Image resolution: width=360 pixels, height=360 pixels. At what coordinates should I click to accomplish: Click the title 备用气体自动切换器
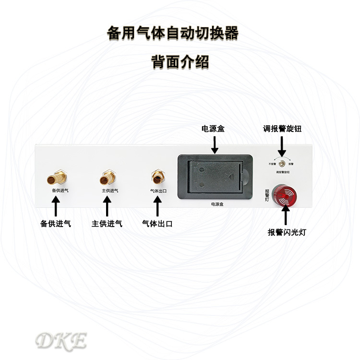tap(173, 34)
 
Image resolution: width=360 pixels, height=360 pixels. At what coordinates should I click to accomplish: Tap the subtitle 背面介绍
tap(180, 62)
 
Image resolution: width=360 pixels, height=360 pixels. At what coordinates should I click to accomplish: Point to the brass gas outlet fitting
tap(157, 177)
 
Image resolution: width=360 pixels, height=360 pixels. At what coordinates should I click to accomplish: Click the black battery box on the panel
tap(215, 176)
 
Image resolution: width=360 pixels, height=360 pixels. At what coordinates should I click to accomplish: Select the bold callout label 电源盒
tap(213, 129)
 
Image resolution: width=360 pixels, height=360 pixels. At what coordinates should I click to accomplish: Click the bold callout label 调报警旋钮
tap(282, 129)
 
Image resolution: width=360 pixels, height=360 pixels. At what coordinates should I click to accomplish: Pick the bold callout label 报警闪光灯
tap(287, 232)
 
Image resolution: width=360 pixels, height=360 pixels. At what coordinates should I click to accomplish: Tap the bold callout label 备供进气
tap(56, 223)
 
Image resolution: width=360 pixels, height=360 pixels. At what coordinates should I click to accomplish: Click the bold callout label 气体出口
tap(157, 223)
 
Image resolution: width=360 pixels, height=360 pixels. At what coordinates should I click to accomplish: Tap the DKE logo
tap(61, 341)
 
